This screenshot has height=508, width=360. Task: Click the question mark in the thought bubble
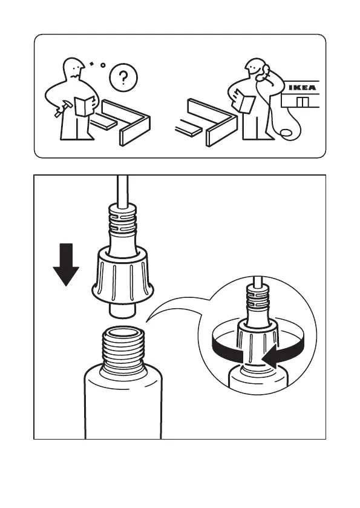pyautogui.click(x=123, y=78)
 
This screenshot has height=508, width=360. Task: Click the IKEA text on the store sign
pyautogui.click(x=302, y=87)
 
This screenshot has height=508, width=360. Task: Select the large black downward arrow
pyautogui.click(x=66, y=265)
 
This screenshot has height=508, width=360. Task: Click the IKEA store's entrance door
pyautogui.click(x=303, y=101)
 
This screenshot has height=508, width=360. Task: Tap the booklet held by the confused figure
pyautogui.click(x=85, y=106)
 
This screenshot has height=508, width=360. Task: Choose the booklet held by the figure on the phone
pyautogui.click(x=244, y=101)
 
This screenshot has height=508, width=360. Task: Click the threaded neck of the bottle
pyautogui.click(x=122, y=352)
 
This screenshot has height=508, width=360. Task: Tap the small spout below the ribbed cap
pyautogui.click(x=122, y=311)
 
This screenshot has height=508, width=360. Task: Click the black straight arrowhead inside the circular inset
pyautogui.click(x=270, y=357)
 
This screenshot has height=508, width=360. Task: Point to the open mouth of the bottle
pyautogui.click(x=122, y=332)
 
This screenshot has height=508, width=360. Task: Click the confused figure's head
pyautogui.click(x=74, y=68)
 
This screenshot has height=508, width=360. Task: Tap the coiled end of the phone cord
pyautogui.click(x=286, y=133)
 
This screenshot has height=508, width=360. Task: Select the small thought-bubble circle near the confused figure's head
pyautogui.click(x=103, y=65)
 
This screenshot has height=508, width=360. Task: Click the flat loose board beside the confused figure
pyautogui.click(x=103, y=122)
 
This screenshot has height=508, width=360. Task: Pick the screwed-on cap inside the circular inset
pyautogui.click(x=258, y=343)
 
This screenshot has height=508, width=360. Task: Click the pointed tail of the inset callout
pyautogui.click(x=146, y=321)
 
